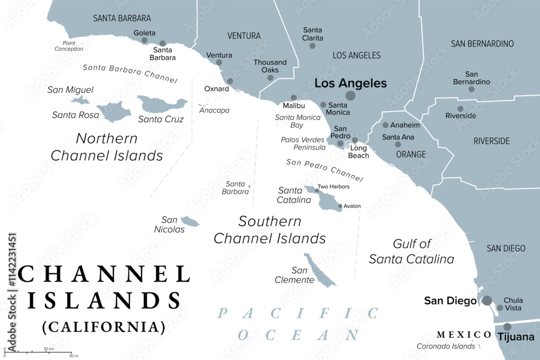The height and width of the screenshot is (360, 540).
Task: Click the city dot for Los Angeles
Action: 350,96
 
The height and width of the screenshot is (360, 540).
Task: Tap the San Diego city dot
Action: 487,301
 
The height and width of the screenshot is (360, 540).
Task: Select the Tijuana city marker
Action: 508,327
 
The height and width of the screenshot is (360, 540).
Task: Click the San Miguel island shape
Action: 80,100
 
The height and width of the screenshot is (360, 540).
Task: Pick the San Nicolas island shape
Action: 190,221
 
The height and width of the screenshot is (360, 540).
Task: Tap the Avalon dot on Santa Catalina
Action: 340,206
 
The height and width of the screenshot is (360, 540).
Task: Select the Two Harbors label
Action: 333,187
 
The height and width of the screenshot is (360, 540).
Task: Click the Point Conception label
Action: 69,46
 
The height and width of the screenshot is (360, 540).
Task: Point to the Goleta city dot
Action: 144,40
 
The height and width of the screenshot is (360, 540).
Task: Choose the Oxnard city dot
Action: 230,81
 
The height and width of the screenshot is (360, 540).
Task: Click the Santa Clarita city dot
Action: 312,46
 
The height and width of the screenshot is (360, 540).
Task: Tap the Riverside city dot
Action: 461,108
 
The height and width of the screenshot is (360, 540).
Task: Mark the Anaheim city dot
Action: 386,125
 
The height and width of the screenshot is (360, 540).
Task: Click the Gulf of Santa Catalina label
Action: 411,252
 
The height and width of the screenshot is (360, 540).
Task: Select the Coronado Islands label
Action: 446,347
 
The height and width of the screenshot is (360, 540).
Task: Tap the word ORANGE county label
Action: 411,154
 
